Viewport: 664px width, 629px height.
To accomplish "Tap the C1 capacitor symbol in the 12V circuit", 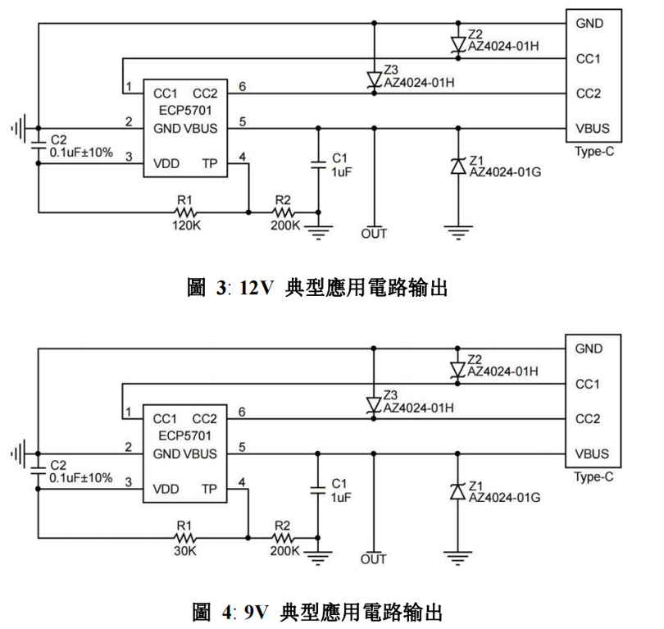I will click(318, 166).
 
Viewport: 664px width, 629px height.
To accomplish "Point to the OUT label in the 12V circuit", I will click(373, 234).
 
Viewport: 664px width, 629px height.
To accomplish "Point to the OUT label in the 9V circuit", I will click(373, 559).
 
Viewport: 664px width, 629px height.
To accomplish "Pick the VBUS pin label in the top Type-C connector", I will click(592, 128).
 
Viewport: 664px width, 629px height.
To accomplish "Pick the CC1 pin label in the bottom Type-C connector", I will click(589, 384).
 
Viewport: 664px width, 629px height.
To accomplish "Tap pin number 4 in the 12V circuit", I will click(241, 157).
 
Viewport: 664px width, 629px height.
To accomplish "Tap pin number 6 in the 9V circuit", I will click(241, 411).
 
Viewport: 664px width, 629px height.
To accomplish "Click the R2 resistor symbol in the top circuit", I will click(282, 212).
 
